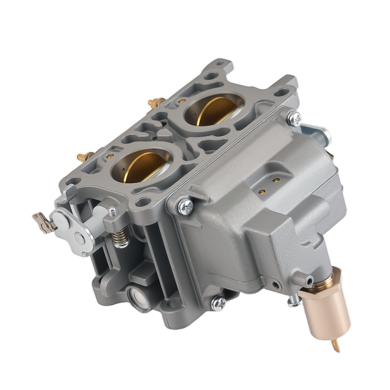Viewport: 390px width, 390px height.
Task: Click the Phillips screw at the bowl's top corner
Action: point(295,118)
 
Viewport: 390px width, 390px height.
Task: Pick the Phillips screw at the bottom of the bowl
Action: point(218,303)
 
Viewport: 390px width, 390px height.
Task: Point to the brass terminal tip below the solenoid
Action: point(335,345)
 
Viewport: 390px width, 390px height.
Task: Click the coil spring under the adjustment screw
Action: point(121,236)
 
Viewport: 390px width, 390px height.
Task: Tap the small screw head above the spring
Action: point(113,212)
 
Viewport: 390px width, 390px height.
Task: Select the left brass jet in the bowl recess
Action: point(262,191)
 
